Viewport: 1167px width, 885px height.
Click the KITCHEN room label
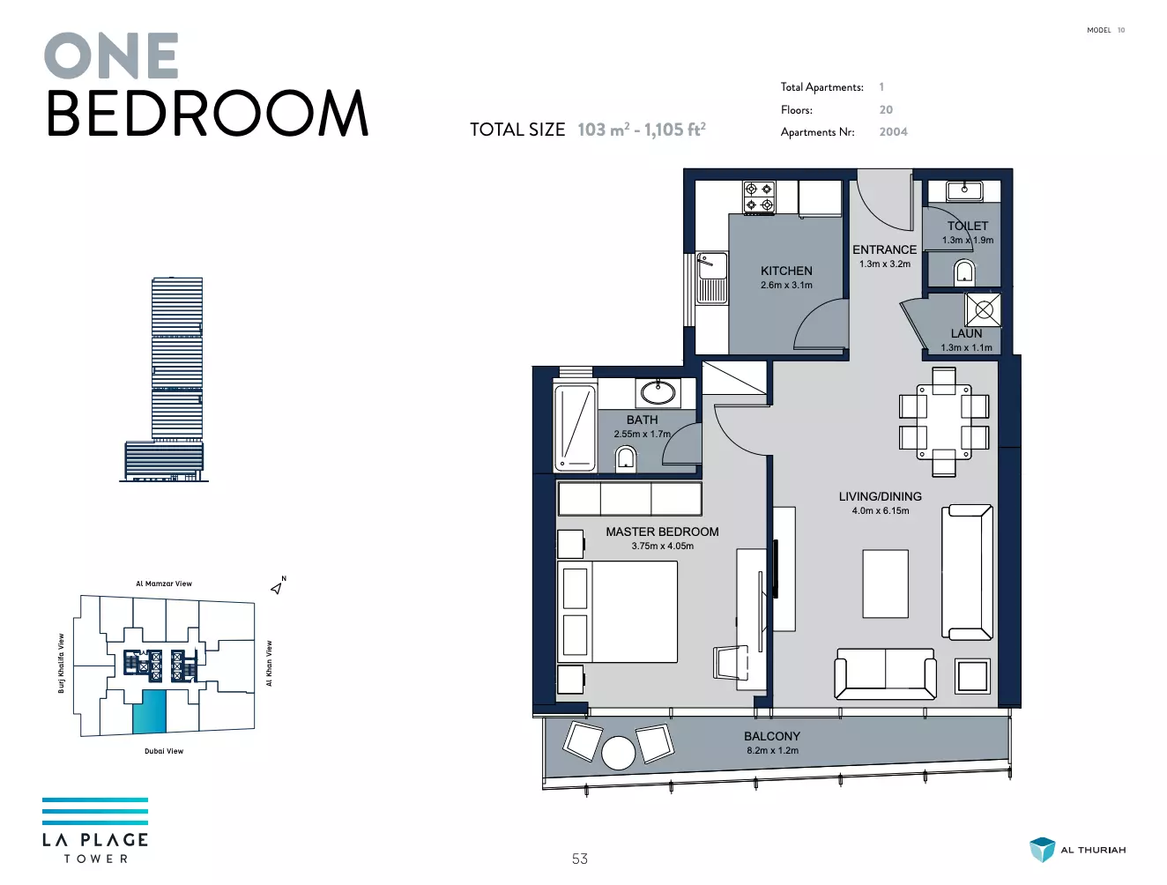pos(786,271)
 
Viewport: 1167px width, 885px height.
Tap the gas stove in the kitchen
pos(759,197)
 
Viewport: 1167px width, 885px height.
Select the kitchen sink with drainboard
pos(712,278)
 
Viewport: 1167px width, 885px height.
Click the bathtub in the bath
pos(574,428)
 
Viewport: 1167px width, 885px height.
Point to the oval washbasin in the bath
pos(658,393)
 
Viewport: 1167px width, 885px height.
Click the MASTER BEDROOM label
pos(662,532)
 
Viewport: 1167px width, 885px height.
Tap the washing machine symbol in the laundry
pos(983,309)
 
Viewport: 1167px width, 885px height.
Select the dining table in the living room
pos(944,421)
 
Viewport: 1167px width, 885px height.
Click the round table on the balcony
pos(618,753)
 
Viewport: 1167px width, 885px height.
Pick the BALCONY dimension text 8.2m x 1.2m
pos(772,750)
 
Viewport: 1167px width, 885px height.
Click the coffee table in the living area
pos(885,584)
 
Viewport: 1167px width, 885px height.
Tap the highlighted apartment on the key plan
pos(149,712)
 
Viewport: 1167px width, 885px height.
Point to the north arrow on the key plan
pos(277,588)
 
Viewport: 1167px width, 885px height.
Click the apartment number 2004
pos(893,132)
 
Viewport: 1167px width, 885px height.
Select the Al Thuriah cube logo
pos(1042,850)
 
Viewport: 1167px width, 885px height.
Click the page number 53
pos(579,859)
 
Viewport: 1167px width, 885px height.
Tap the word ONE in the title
pos(111,56)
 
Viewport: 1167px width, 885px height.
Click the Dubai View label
pos(164,751)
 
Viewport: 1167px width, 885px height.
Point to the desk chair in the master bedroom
pos(731,662)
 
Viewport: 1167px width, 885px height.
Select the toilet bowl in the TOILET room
pos(963,271)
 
